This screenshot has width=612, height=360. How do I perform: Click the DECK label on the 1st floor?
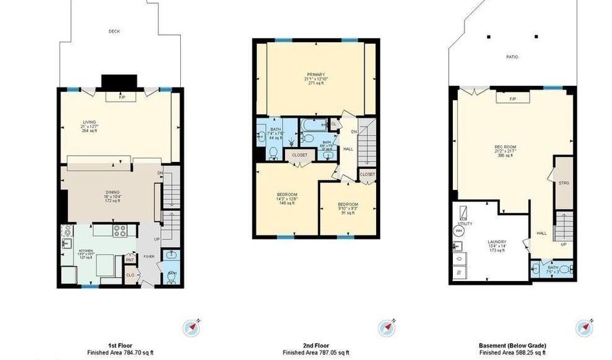(114, 31)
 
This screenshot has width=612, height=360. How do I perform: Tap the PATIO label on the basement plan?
(512, 56)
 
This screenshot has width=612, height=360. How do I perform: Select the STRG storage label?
(563, 184)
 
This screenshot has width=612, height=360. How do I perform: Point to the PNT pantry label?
(129, 259)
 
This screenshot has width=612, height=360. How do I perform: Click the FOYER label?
(148, 257)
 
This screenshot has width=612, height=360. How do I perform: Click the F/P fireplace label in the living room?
(122, 97)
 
